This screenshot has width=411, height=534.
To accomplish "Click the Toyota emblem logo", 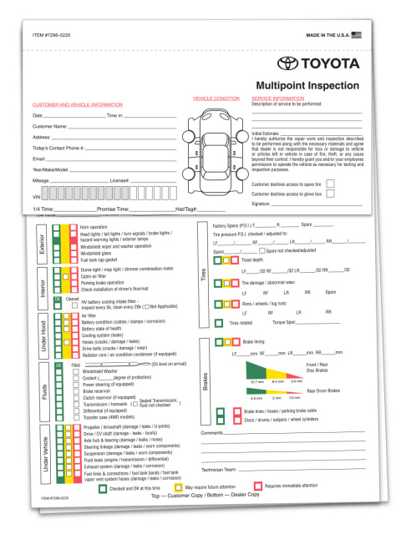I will [287, 63].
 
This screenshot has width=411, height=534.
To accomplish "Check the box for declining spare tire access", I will [331, 183].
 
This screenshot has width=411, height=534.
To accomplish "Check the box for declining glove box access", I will [331, 194].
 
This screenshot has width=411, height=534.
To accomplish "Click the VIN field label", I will [38, 189].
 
